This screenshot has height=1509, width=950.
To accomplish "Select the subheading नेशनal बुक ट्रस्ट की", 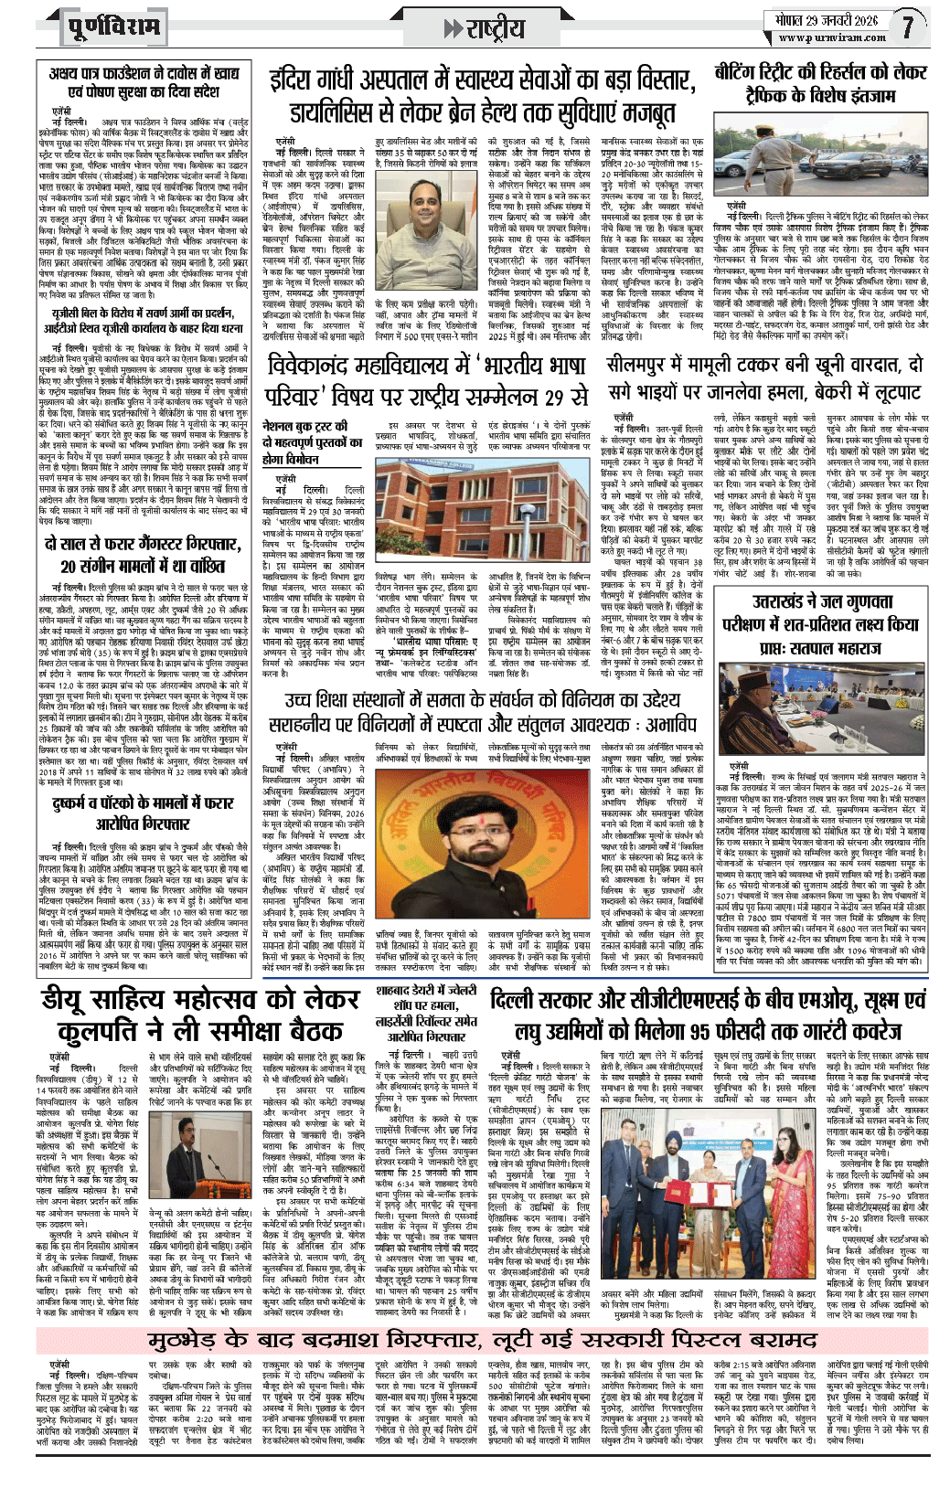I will tap(305, 426).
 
